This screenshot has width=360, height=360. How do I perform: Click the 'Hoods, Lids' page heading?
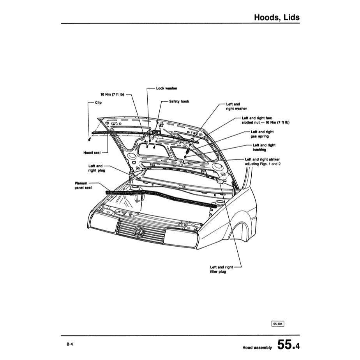pos(276,17)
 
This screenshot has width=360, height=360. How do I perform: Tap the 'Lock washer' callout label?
pos(166,88)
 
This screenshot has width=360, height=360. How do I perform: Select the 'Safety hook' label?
pos(179,101)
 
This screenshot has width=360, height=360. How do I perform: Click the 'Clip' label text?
pos(98,103)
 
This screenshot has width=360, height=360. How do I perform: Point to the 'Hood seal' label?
pos(92,153)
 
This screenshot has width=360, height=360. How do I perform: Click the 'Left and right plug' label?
pos(95,168)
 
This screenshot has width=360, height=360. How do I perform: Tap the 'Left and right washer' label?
pos(236,106)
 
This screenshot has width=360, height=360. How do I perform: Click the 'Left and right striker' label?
pos(262,160)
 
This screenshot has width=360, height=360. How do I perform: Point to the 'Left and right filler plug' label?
pos(221,269)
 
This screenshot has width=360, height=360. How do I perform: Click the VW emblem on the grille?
pos(139,232)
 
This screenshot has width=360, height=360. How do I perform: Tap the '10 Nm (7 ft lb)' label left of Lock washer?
pos(112,94)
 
